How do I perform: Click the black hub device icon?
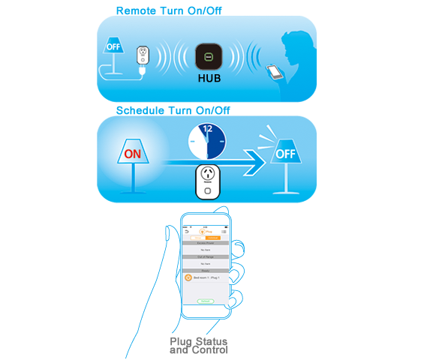pyautogui.click(x=209, y=58)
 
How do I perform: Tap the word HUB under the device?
pyautogui.click(x=209, y=78)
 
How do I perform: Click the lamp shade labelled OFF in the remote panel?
pyautogui.click(x=114, y=47)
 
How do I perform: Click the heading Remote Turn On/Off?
pyautogui.click(x=169, y=10)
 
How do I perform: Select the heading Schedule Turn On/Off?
pyautogui.click(x=173, y=110)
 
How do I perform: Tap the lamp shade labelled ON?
pyautogui.click(x=132, y=154)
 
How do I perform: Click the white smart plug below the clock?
pyautogui.click(x=211, y=182)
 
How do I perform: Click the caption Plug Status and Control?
pyautogui.click(x=199, y=346)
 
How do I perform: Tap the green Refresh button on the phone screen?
pyautogui.click(x=205, y=301)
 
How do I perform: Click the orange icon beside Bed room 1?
pyautogui.click(x=188, y=277)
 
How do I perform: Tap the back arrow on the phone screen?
pyautogui.click(x=187, y=232)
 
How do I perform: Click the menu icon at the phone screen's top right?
pyautogui.click(x=224, y=232)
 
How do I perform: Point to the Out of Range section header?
pyautogui.click(x=205, y=257)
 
